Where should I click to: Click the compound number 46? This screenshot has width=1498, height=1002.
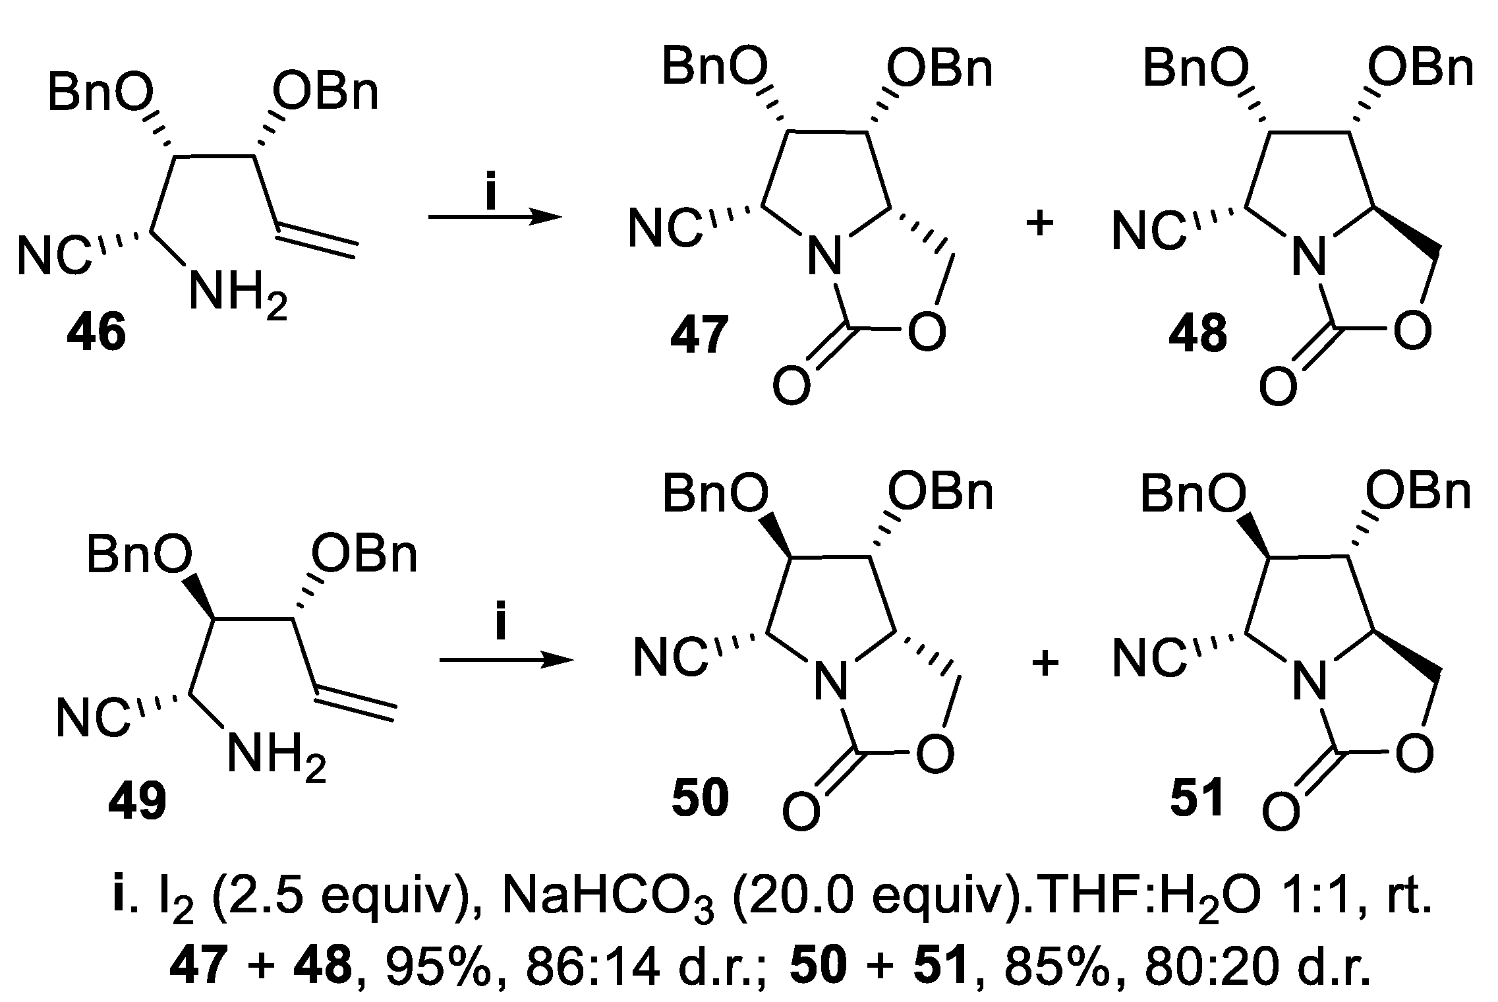pos(96,334)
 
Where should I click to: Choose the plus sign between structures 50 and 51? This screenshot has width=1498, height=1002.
pos(1045,663)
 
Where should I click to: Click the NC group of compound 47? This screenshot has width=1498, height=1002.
pos(664,229)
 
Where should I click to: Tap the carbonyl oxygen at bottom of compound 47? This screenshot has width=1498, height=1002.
pos(791,387)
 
